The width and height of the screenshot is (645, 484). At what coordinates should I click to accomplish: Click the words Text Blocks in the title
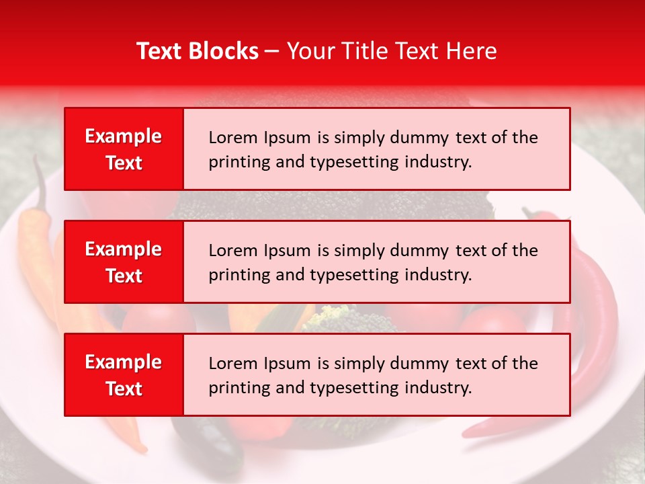[198, 51]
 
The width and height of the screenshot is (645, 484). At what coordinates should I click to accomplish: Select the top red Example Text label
[124, 149]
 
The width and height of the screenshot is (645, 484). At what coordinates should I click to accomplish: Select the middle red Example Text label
[124, 262]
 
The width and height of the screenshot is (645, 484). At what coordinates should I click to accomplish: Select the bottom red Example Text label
[124, 375]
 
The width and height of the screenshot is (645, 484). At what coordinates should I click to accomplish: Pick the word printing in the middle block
[232, 275]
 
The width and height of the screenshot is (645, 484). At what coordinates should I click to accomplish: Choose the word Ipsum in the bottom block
[287, 364]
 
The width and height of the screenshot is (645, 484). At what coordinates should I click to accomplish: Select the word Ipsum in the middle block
[287, 251]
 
